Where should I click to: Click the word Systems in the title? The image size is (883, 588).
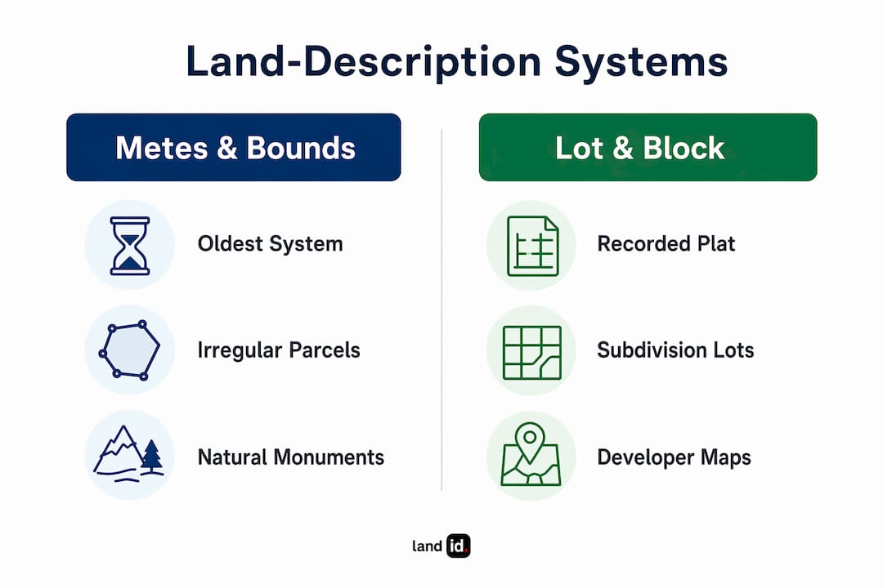(641, 62)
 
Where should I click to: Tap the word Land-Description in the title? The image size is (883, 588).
(364, 62)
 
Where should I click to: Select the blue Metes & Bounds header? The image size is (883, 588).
(234, 148)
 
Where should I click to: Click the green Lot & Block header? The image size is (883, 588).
(648, 148)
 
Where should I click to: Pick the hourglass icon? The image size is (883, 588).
(130, 246)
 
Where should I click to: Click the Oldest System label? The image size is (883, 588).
(271, 244)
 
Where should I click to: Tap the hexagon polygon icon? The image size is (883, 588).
(129, 350)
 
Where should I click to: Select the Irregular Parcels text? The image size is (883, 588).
(279, 350)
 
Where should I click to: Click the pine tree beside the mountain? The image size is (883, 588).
(151, 455)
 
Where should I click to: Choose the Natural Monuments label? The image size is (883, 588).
(290, 457)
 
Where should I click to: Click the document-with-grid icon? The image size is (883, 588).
(533, 246)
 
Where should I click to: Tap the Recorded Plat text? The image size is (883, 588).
(666, 244)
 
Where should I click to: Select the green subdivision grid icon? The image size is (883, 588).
(532, 353)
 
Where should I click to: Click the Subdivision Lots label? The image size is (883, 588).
(675, 350)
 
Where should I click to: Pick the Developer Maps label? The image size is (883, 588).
(674, 457)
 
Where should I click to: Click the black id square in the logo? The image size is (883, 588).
(459, 546)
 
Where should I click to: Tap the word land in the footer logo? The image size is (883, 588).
(427, 546)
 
